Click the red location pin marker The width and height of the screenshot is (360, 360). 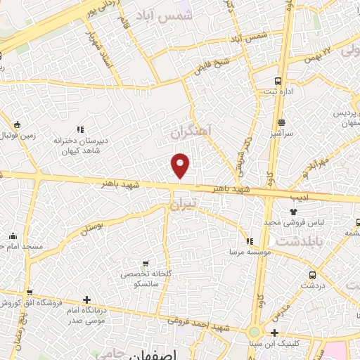coord(181,165)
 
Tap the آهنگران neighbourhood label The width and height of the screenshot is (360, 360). coord(193,131)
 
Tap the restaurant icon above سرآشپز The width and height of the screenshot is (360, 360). coord(281,123)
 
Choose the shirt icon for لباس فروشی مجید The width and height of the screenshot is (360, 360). coord(293,210)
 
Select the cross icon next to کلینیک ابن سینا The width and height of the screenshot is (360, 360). coord(275,333)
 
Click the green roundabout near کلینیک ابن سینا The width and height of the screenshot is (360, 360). coord(254,331)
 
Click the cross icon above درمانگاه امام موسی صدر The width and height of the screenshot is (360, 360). coord(86,300)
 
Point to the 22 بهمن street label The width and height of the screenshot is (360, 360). coord(329,52)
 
